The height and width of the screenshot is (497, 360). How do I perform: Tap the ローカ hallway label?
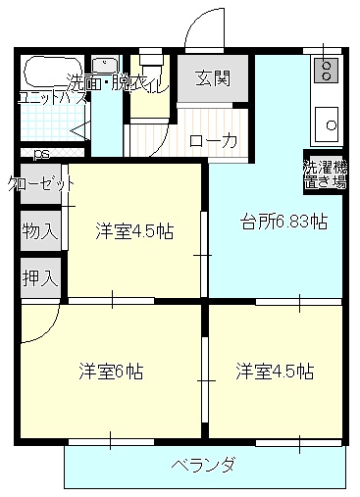pos(214,141)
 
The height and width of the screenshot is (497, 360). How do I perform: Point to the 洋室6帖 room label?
pos(112,372)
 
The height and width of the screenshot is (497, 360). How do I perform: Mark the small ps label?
pos(40,154)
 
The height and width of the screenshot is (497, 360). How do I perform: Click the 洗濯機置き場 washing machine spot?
pos(324,174)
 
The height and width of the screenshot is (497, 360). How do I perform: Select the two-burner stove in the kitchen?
pos(325,70)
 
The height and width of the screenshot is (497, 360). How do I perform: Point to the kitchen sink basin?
pos(326,124)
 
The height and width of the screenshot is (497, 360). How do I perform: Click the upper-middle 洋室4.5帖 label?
pos(134,231)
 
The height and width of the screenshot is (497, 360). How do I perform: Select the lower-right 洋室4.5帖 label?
pos(275,372)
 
